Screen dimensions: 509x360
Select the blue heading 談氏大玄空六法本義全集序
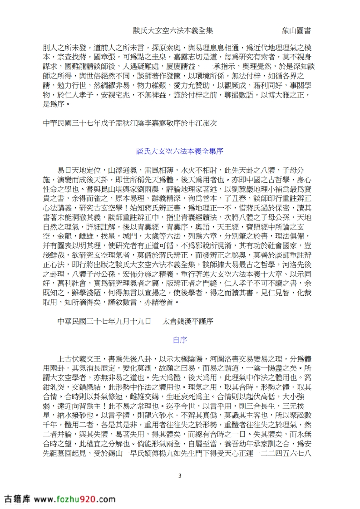[x=180, y=151]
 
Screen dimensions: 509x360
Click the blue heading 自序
[x=180, y=339]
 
